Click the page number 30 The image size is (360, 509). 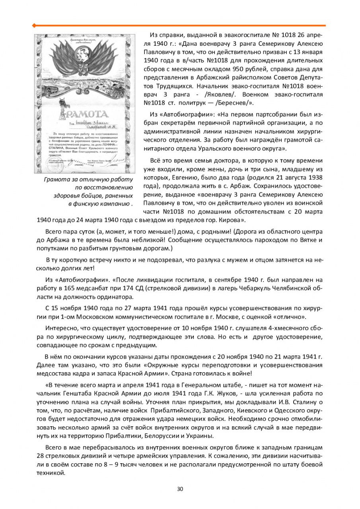coord(180,489)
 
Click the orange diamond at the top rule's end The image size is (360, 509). coord(34,26)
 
